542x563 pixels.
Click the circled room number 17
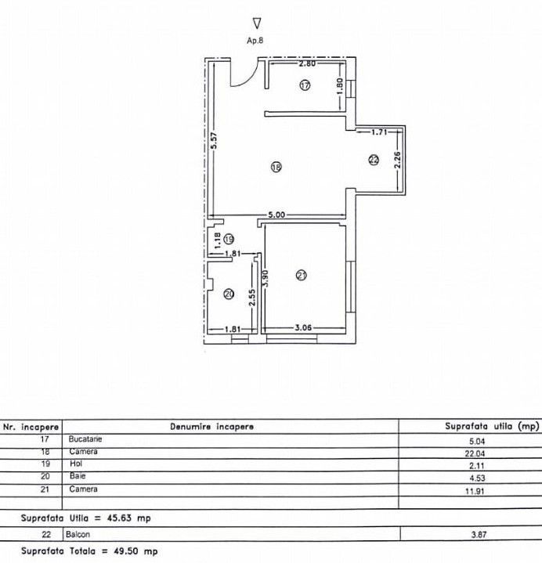click(x=305, y=85)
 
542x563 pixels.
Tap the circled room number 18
click(x=276, y=166)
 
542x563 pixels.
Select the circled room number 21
click(x=302, y=274)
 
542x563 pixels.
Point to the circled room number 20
click(x=229, y=294)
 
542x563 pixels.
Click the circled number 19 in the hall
click(x=228, y=239)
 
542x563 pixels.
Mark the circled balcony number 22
click(x=373, y=160)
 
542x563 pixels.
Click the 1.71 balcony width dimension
click(x=380, y=132)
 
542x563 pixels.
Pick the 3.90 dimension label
click(x=267, y=279)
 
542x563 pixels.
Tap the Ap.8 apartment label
click(x=256, y=42)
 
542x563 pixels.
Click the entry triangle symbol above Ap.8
click(x=257, y=23)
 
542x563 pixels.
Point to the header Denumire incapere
click(x=211, y=427)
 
